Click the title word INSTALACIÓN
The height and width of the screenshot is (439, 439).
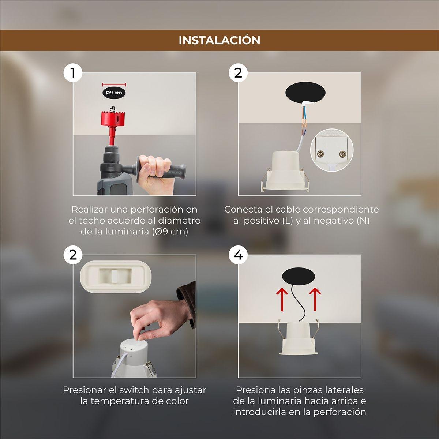click(x=219, y=40)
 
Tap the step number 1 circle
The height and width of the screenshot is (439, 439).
click(x=73, y=73)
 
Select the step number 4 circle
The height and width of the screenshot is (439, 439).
click(x=238, y=255)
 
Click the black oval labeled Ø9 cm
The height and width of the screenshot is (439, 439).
click(x=114, y=93)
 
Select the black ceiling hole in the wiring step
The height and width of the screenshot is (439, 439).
click(x=305, y=92)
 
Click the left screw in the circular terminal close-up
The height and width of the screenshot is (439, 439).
click(x=321, y=154)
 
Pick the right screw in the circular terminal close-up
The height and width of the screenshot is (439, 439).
click(x=343, y=154)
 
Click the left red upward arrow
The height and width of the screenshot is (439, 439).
click(x=282, y=299)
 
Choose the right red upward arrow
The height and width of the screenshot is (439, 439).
click(x=315, y=299)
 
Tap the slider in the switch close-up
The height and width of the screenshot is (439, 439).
click(x=115, y=276)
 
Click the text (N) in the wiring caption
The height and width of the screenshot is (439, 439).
click(x=363, y=221)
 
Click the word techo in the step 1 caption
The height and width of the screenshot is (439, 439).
click(x=91, y=221)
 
